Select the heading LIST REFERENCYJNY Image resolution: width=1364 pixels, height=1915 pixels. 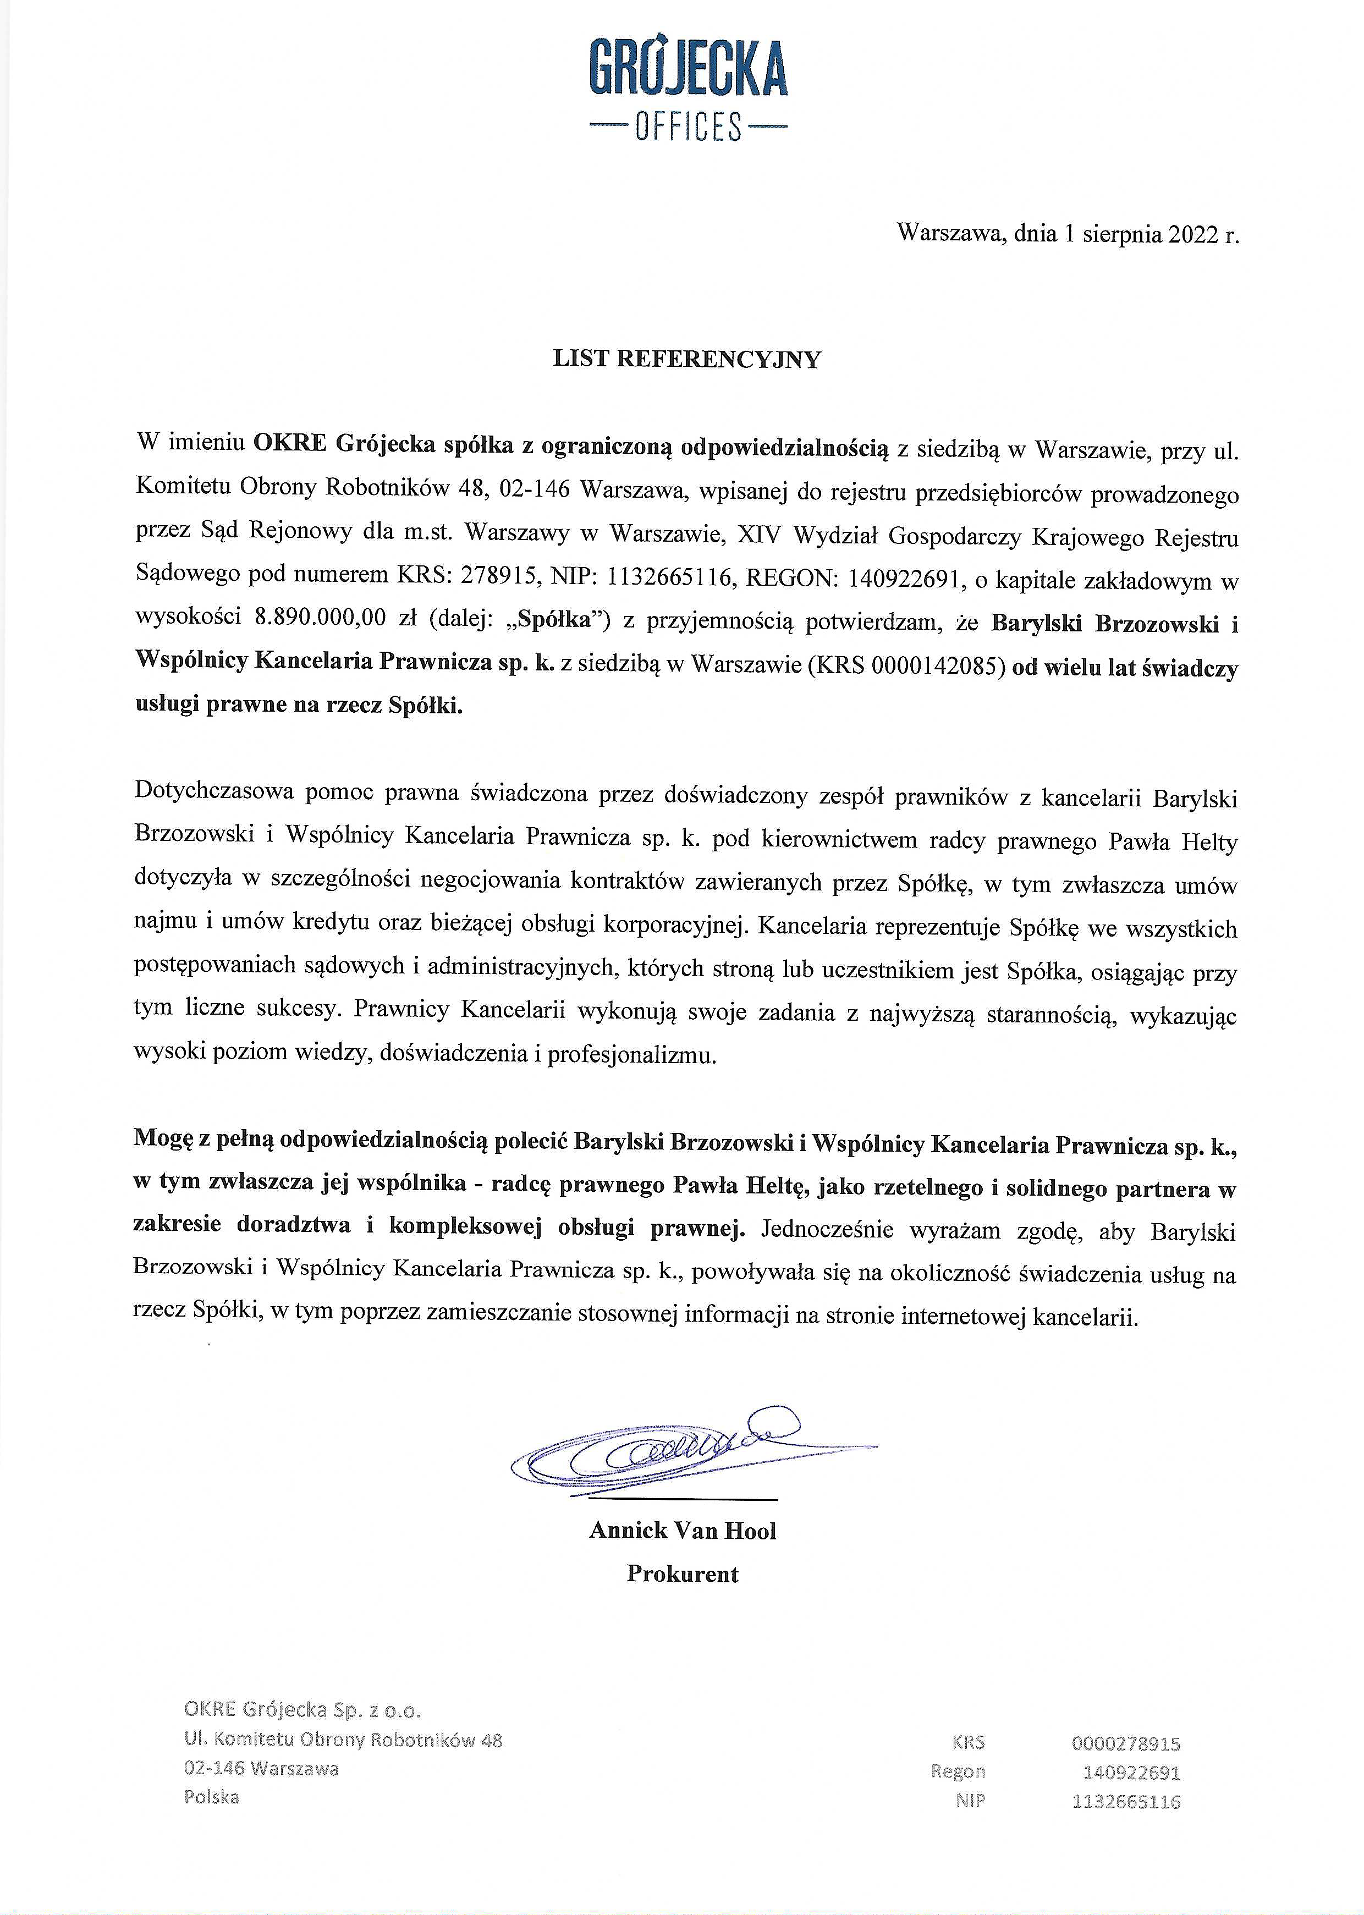click(x=686, y=360)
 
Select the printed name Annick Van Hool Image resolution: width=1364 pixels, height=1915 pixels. click(x=682, y=1531)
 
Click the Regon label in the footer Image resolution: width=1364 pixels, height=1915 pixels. click(x=958, y=1771)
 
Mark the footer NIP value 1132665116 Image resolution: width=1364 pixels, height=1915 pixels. click(x=1125, y=1801)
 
